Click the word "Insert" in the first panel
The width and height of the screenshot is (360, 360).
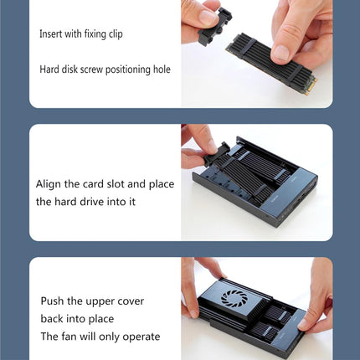coord(50,33)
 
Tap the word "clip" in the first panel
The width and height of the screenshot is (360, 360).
coord(116,34)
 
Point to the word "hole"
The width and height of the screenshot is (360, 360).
coord(162,69)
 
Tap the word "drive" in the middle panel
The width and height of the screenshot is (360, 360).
coord(87,202)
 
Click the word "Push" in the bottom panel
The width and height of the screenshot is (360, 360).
coord(52,301)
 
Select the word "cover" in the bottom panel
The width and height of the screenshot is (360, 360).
coord(131,301)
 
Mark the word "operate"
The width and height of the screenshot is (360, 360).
coord(141,337)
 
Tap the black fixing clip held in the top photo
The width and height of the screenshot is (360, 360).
coord(215,27)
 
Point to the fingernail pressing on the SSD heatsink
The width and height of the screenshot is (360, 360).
coord(280,54)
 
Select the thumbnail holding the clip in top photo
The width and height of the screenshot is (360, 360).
coord(207,17)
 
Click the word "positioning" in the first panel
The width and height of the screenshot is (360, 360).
coord(128,69)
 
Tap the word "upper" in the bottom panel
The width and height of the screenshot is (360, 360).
coord(100,302)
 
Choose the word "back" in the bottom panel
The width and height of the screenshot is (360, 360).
coord(52,319)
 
